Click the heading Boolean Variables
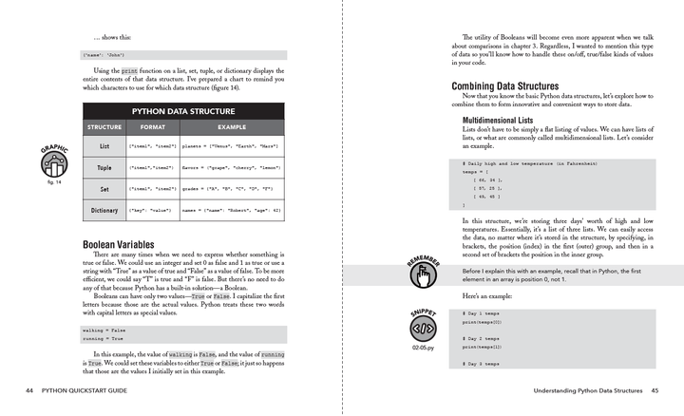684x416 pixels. pos(120,244)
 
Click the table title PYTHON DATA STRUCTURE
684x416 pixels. pos(182,109)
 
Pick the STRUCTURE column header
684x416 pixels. pos(104,126)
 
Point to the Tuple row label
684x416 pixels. pos(104,168)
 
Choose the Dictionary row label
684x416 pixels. pos(104,210)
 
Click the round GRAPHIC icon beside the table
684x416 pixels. pos(54,167)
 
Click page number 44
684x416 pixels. pos(31,390)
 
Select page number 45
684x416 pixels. pos(654,390)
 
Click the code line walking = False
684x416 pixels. pos(103,329)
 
